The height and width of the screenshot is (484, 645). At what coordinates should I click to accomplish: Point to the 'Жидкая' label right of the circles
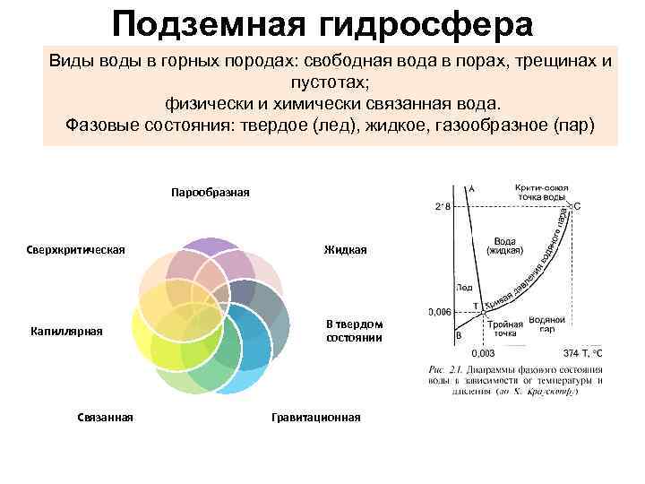pyautogui.click(x=346, y=249)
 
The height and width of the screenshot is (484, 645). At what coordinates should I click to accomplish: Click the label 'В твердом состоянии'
pyautogui.click(x=354, y=331)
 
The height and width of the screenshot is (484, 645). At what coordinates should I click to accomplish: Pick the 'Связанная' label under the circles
pyautogui.click(x=106, y=416)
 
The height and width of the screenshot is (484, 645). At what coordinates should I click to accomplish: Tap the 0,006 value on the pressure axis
pyautogui.click(x=439, y=312)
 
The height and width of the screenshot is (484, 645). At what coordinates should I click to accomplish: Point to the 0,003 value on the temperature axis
pyautogui.click(x=484, y=353)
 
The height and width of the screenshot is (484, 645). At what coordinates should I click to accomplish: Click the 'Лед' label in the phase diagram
pyautogui.click(x=464, y=289)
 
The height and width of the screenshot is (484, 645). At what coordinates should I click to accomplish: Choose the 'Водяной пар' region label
pyautogui.click(x=546, y=324)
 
